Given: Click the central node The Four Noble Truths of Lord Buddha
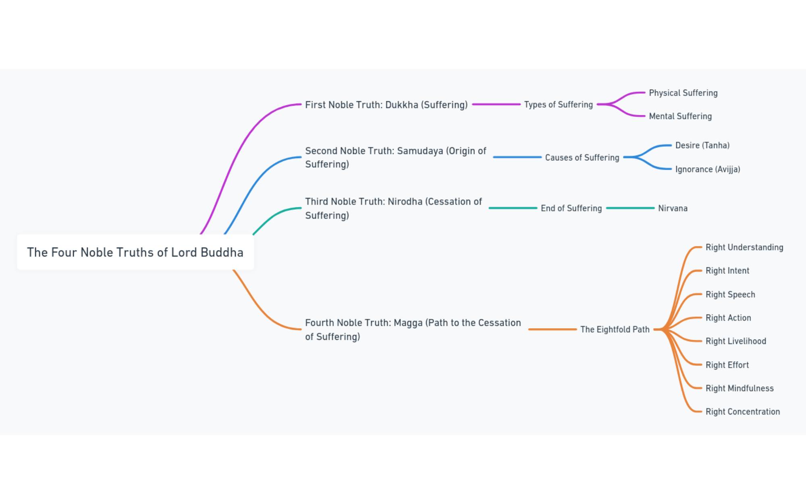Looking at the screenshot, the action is [135, 252].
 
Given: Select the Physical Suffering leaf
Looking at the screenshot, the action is [683, 93].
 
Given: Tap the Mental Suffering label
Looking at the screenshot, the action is [680, 116].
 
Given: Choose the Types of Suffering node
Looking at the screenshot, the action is [559, 104].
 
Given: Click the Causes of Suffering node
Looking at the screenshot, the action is [582, 157].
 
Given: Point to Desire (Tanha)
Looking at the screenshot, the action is [702, 145].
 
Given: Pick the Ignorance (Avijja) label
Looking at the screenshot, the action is [708, 169].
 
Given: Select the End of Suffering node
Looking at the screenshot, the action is [571, 208].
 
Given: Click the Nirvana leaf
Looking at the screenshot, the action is [673, 208].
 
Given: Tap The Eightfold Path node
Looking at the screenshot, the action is [615, 329].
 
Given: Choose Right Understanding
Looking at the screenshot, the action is [744, 247].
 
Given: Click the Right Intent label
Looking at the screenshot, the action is [727, 271].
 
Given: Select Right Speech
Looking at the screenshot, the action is [730, 294].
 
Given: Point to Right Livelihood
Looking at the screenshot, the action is [736, 341].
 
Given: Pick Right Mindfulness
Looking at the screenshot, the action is [740, 388].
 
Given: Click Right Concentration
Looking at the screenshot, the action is [743, 412].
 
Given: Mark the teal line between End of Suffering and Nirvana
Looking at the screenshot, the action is [630, 208].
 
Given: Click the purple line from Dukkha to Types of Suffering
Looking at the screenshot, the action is [496, 104].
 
